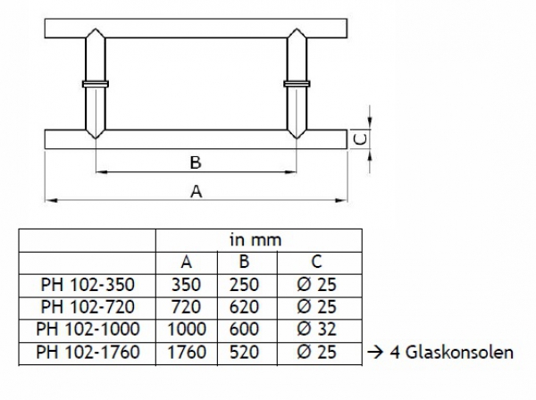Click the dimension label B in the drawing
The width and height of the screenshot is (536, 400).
[195, 162]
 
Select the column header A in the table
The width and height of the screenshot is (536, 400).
[186, 262]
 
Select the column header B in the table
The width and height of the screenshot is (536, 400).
[244, 262]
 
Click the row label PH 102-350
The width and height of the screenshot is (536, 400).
[88, 285]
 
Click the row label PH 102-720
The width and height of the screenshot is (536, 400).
[88, 307]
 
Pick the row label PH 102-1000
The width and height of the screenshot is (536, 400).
[88, 329]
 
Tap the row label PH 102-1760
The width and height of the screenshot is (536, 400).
[88, 352]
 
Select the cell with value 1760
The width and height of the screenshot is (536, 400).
[186, 352]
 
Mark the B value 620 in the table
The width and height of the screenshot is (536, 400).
[244, 307]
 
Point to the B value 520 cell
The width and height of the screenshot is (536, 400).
[244, 352]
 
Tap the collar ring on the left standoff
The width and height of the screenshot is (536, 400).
[94, 86]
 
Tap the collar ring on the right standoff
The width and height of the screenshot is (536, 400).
[297, 86]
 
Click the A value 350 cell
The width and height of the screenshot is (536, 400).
[186, 285]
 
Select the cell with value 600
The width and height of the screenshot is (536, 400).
[244, 329]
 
